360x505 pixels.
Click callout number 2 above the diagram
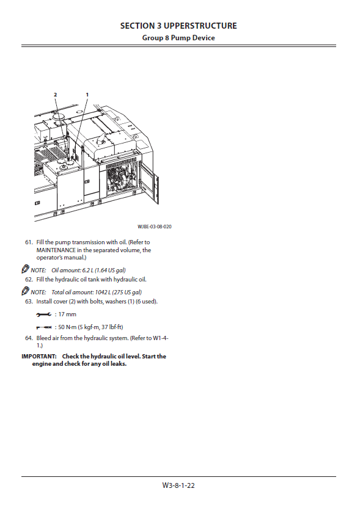pos(55,95)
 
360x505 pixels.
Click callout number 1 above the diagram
pos(87,95)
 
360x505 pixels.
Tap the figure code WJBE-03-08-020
pos(155,227)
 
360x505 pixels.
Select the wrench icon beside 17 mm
pos(43,314)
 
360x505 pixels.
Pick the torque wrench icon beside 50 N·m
pos(44,327)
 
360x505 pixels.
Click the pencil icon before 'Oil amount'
pos(25,269)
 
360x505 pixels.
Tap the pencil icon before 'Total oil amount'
pos(25,291)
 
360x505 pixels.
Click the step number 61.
pos(29,242)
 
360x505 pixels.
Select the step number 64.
pos(29,338)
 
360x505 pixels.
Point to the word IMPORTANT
pos(39,357)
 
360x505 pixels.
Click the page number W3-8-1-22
pos(178,485)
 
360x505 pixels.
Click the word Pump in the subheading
pos(181,38)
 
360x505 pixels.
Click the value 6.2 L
pos(87,271)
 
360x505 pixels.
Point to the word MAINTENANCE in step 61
pos(56,250)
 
